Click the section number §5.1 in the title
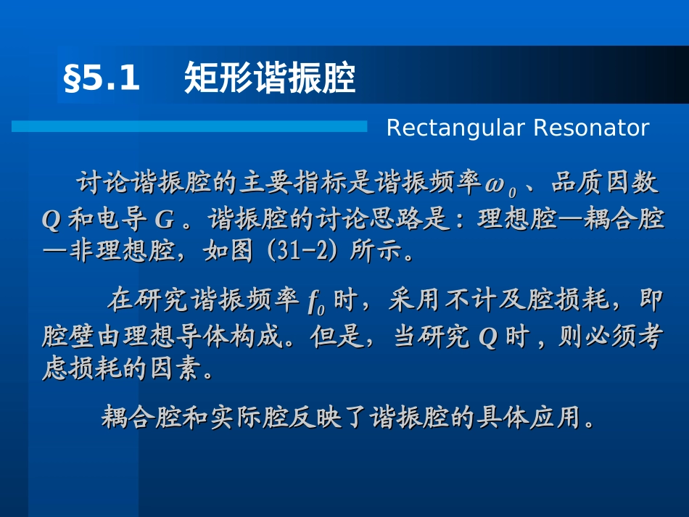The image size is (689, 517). coord(102,78)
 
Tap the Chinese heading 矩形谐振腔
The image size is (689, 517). coord(270,78)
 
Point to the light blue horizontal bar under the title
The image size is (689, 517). coord(189,126)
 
